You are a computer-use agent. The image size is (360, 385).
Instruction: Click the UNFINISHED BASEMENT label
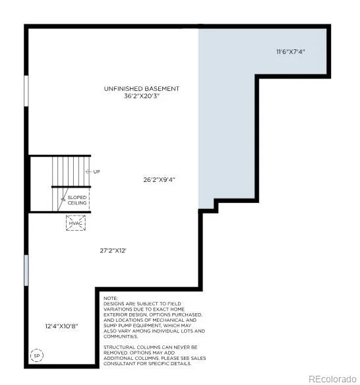(x=142, y=88)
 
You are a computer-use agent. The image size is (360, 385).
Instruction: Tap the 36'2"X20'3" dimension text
(x=142, y=96)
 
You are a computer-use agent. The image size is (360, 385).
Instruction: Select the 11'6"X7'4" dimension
(x=291, y=51)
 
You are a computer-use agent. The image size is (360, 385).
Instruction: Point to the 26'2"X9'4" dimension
(x=159, y=179)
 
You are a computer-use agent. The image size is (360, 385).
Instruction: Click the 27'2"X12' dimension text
(x=113, y=251)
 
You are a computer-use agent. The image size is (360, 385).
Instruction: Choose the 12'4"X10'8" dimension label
(x=61, y=326)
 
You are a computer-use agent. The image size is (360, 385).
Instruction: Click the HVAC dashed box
(x=76, y=223)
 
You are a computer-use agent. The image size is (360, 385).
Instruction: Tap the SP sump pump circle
(x=37, y=355)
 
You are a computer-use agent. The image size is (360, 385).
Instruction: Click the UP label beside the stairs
(x=96, y=171)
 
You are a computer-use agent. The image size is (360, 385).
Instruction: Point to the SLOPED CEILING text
(x=77, y=200)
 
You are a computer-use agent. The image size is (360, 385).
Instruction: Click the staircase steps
(x=71, y=171)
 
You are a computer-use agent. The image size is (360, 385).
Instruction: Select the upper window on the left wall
(x=26, y=91)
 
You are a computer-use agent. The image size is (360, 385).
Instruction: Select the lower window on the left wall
(x=26, y=270)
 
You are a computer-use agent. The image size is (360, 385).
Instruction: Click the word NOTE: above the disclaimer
(x=111, y=299)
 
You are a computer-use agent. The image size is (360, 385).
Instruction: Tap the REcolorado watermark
(x=332, y=379)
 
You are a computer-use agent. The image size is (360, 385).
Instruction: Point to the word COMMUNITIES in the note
(x=121, y=336)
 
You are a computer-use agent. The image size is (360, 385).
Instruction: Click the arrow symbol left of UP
(x=88, y=171)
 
